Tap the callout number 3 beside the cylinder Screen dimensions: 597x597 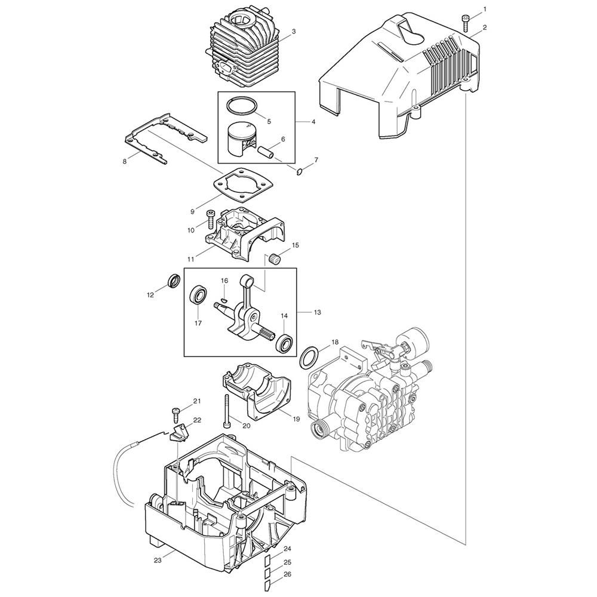pyautogui.click(x=294, y=32)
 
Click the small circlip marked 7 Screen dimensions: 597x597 pyautogui.click(x=300, y=173)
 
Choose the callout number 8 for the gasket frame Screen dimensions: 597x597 pyautogui.click(x=125, y=161)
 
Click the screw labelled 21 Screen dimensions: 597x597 pyautogui.click(x=177, y=414)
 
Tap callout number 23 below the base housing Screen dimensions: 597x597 pyautogui.click(x=158, y=560)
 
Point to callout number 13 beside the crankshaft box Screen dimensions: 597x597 pyautogui.click(x=318, y=312)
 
